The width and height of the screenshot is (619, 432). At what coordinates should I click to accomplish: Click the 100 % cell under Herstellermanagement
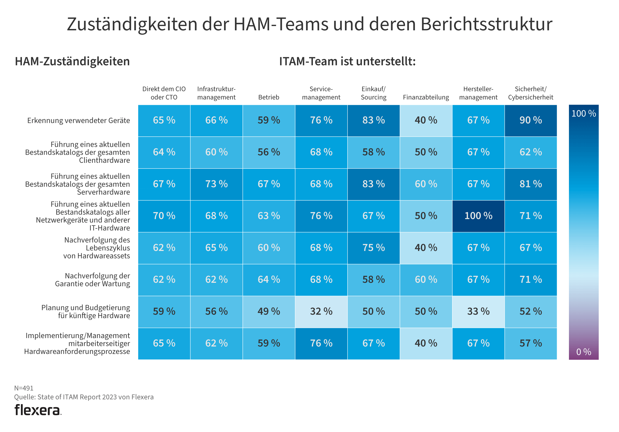[x=478, y=216]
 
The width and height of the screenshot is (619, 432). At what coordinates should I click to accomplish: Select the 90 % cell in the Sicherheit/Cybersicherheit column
[x=530, y=120]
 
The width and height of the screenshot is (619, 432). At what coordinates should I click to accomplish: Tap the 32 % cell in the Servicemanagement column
[x=321, y=311]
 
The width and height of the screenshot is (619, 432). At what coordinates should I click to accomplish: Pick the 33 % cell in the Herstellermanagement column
[x=478, y=311]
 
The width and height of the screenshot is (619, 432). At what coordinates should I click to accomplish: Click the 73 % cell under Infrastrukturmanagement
[x=216, y=184]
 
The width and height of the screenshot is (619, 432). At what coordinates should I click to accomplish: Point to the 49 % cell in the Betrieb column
[x=269, y=311]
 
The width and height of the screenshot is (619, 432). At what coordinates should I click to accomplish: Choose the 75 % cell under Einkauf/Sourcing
[x=373, y=248]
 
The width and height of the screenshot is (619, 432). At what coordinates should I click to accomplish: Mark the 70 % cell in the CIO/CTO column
[x=164, y=216]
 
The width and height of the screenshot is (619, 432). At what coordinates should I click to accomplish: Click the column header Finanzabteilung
[x=426, y=97]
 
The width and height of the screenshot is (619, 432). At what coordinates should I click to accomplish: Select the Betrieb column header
[x=269, y=97]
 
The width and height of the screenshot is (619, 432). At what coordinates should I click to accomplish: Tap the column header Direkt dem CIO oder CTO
[x=164, y=93]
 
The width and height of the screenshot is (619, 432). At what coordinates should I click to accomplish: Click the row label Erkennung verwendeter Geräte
[x=78, y=121]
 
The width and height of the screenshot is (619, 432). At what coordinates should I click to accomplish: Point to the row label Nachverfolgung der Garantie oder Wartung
[x=93, y=280]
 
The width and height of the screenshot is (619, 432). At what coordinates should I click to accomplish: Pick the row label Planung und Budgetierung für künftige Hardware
[x=86, y=311]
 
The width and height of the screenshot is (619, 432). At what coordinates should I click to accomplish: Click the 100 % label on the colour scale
[x=584, y=113]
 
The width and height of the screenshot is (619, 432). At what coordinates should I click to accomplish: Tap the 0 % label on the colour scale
[x=584, y=352]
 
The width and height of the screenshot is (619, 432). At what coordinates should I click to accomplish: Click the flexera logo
[x=38, y=410]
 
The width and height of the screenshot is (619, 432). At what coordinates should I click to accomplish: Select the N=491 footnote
[x=24, y=388]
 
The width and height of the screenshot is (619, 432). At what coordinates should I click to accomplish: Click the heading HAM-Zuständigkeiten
[x=72, y=62]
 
